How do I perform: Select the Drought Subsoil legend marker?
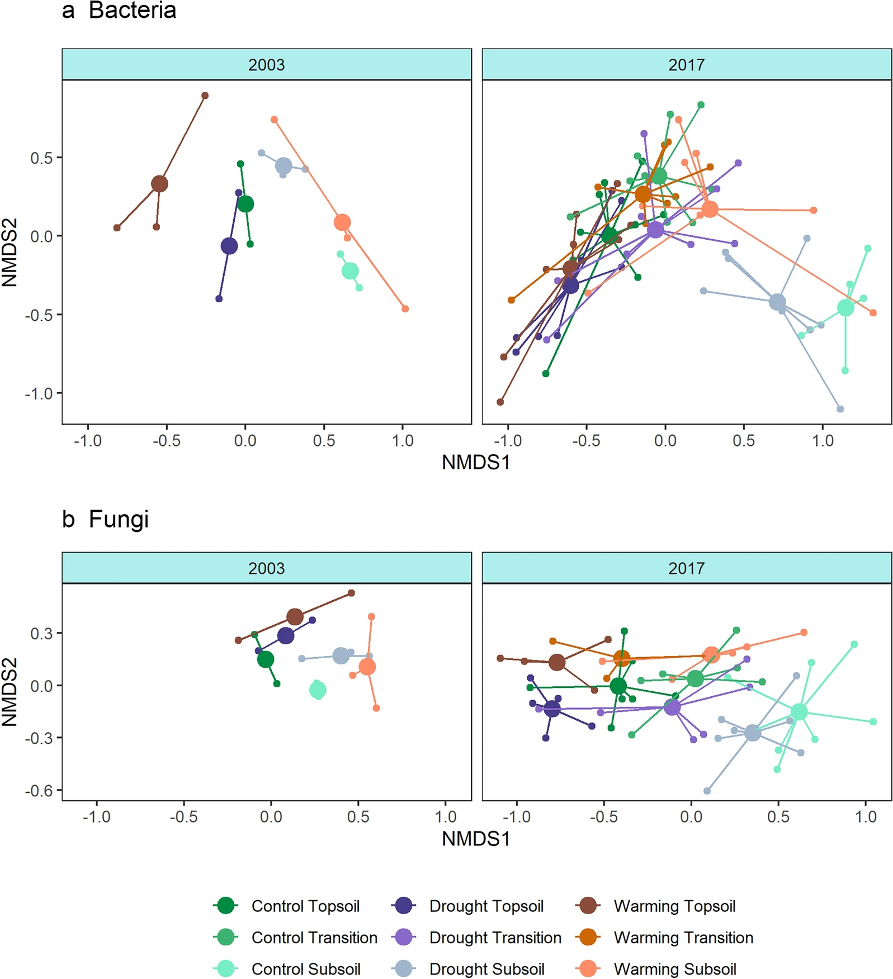pyautogui.click(x=403, y=968)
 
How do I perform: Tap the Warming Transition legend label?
pyautogui.click(x=683, y=937)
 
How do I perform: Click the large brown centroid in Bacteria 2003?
pyautogui.click(x=159, y=184)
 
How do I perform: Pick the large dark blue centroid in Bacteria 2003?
pyautogui.click(x=229, y=246)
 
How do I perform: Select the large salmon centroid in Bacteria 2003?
pyautogui.click(x=342, y=222)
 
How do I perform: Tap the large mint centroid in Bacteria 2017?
pyautogui.click(x=845, y=307)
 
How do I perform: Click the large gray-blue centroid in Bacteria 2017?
pyautogui.click(x=777, y=302)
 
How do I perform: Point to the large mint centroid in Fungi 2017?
pyautogui.click(x=799, y=711)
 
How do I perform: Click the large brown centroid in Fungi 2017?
pyautogui.click(x=556, y=663)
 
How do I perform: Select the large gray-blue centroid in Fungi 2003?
pyautogui.click(x=341, y=655)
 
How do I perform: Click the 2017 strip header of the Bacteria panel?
pyautogui.click(x=686, y=65)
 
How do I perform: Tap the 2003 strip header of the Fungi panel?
pyautogui.click(x=266, y=568)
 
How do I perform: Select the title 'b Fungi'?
pyautogui.click(x=106, y=519)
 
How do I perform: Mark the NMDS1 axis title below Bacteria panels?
pyautogui.click(x=476, y=463)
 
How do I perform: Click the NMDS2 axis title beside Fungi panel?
pyautogui.click(x=10, y=692)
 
